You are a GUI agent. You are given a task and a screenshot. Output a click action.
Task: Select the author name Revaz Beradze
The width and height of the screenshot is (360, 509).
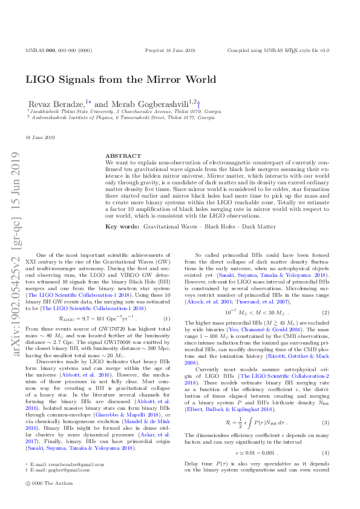pos(56,104)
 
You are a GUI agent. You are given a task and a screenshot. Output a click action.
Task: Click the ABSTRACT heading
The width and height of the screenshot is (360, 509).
pos(119,155)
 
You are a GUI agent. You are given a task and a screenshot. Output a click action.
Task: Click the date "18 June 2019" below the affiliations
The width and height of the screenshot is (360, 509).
pos(41,138)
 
